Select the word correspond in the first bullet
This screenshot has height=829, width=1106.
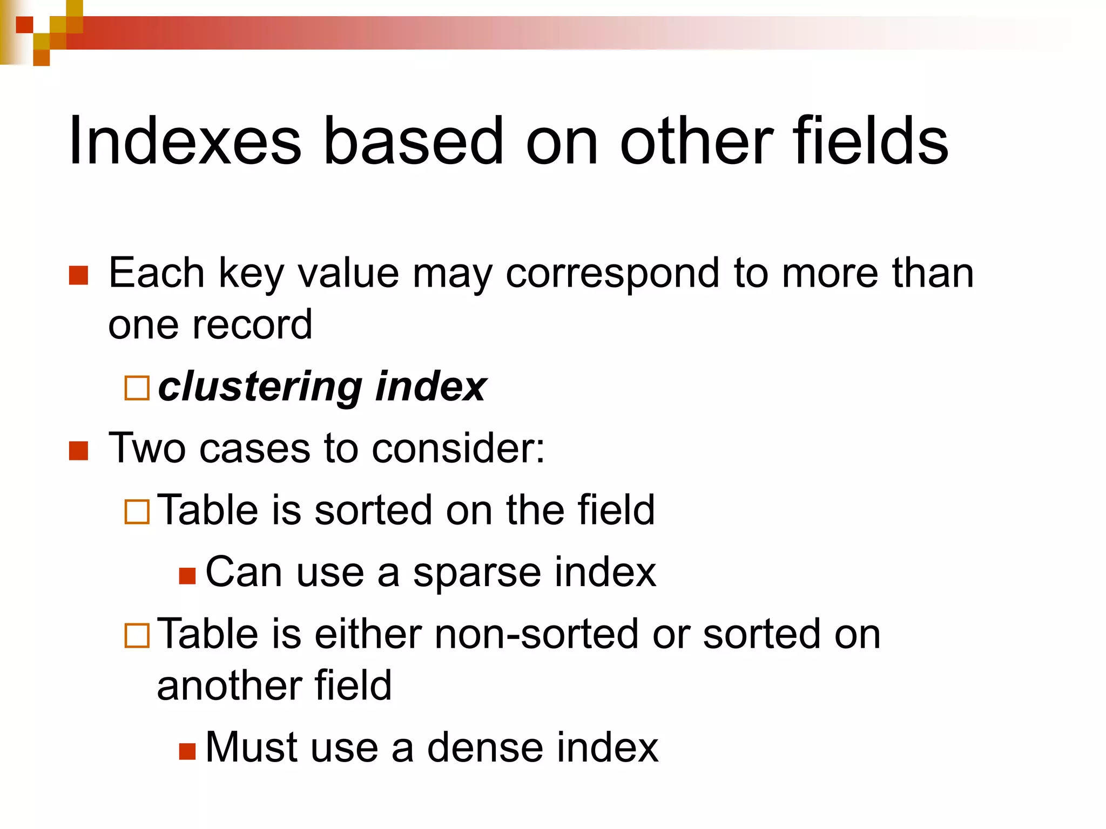tap(612, 274)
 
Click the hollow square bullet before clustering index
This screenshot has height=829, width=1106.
tap(137, 388)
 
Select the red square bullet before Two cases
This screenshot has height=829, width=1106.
tap(79, 451)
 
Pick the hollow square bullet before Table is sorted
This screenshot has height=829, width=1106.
tap(137, 512)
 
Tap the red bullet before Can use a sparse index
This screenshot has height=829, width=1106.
tap(187, 576)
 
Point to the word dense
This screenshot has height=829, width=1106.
tap(485, 748)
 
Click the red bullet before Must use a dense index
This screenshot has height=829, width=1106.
tap(187, 751)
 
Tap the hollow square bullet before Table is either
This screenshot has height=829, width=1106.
tap(137, 635)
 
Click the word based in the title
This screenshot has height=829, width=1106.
tap(413, 141)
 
